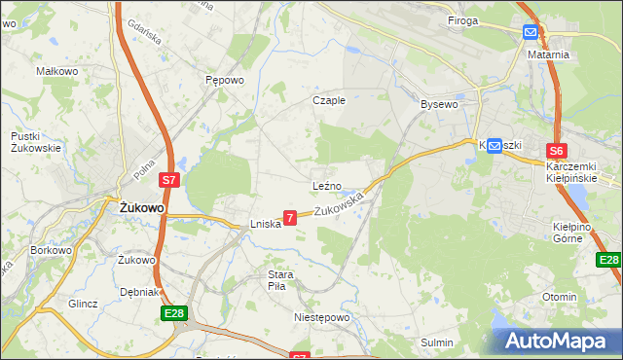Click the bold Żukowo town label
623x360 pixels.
click(x=141, y=208)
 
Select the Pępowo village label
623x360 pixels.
click(x=224, y=81)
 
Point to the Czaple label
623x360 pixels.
click(x=328, y=100)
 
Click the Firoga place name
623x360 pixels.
click(x=463, y=20)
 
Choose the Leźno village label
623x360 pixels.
click(x=326, y=185)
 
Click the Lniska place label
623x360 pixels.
click(x=265, y=223)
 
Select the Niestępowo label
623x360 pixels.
click(x=320, y=317)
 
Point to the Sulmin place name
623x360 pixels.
click(x=437, y=342)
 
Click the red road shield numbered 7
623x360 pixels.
click(x=290, y=218)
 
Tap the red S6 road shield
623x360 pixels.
click(x=556, y=151)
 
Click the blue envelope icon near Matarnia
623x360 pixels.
click(x=530, y=32)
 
